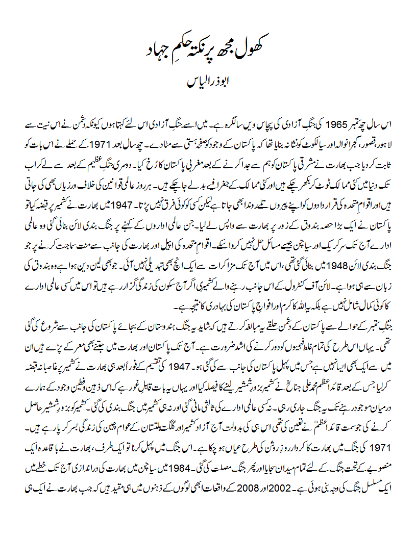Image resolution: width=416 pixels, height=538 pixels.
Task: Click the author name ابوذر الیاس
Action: click(208, 82)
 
